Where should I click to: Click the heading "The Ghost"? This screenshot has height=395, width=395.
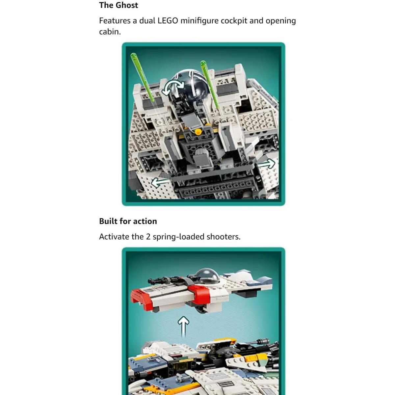[x=118, y=5]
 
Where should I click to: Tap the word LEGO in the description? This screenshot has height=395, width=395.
[x=168, y=21]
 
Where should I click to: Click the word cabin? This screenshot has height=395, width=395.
[x=110, y=32]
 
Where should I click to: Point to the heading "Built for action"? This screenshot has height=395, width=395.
[x=128, y=221]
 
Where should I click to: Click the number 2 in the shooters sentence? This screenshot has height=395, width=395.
[x=148, y=237]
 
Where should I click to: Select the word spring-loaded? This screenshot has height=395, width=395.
[x=178, y=237]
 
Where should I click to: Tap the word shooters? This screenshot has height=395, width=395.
[x=224, y=237]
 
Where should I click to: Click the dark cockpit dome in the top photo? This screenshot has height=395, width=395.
[x=189, y=84]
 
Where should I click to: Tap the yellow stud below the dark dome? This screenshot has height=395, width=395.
[x=198, y=132]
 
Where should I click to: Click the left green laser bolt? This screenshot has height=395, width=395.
[x=142, y=77]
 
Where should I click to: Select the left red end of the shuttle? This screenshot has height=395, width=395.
[x=142, y=299]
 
